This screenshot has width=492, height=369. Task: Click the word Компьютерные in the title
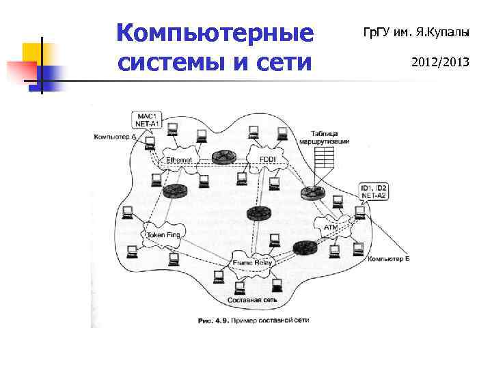[215, 33]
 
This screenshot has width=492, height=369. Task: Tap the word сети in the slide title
[286, 62]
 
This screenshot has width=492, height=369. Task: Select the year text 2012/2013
[440, 62]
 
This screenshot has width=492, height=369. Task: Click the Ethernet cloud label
[179, 159]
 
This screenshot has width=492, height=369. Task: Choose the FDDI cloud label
[268, 159]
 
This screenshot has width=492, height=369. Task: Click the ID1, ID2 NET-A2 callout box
[374, 191]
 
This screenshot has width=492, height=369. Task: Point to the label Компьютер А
[115, 137]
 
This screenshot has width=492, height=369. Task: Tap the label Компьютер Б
[388, 259]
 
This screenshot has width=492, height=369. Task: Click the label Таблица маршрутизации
[320, 137]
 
